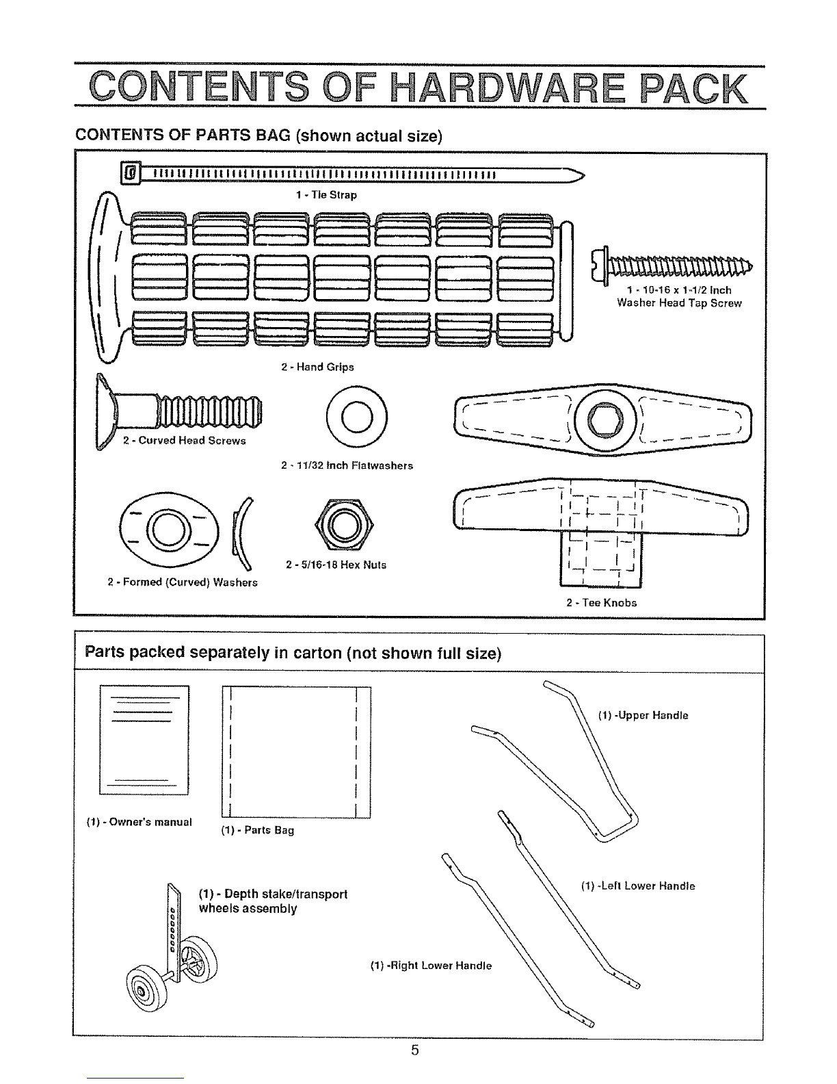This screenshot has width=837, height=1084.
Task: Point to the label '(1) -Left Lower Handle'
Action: coord(638,886)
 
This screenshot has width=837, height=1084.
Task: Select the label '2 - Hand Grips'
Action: coord(318,367)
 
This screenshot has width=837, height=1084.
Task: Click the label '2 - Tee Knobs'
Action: coord(602,603)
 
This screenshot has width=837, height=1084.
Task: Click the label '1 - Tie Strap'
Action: coord(326,195)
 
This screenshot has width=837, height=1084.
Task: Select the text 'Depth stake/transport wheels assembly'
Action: coord(272,901)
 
